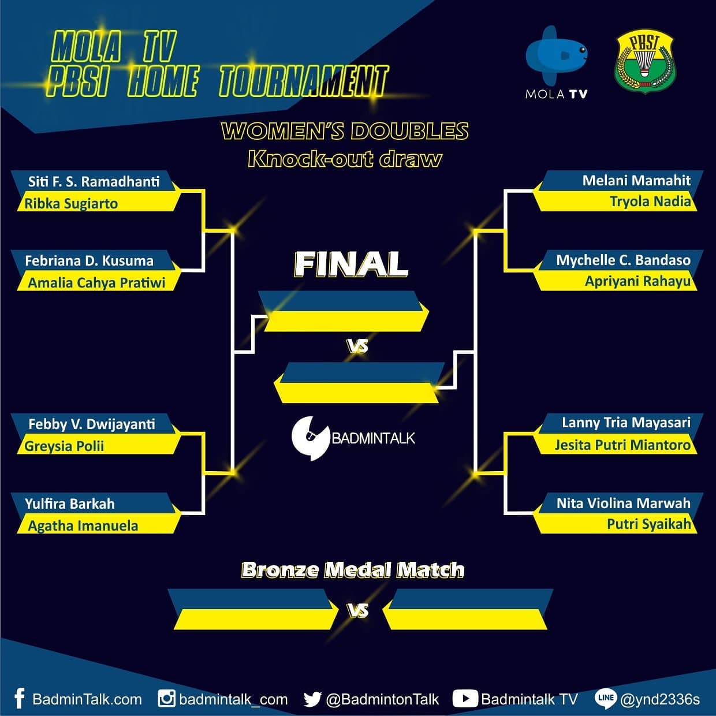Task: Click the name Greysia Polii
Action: point(64,446)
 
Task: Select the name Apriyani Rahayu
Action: point(637,282)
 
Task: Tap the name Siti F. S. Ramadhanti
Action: point(94,182)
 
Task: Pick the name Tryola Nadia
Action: point(650,202)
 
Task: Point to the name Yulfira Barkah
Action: point(70,504)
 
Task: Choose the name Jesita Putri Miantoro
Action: point(622,445)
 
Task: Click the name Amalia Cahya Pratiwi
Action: point(96,283)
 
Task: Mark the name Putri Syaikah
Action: point(649,524)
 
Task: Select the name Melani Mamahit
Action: point(636,181)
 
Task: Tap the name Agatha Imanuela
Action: point(83,526)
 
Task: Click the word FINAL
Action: point(350,264)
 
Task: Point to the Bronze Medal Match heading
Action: point(353,569)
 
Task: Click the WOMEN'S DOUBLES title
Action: point(345,131)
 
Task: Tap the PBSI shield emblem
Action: point(644,62)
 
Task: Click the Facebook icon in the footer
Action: point(19,699)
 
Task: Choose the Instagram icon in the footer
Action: point(166,699)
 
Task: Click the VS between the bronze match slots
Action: point(358,610)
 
